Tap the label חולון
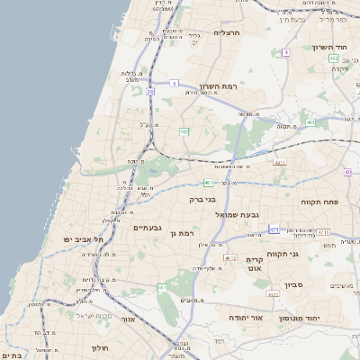click(99, 346)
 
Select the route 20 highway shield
click(151, 92)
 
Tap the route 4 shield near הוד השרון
click(286, 52)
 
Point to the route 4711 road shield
click(280, 163)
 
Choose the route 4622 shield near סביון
click(273, 293)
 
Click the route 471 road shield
click(274, 229)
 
